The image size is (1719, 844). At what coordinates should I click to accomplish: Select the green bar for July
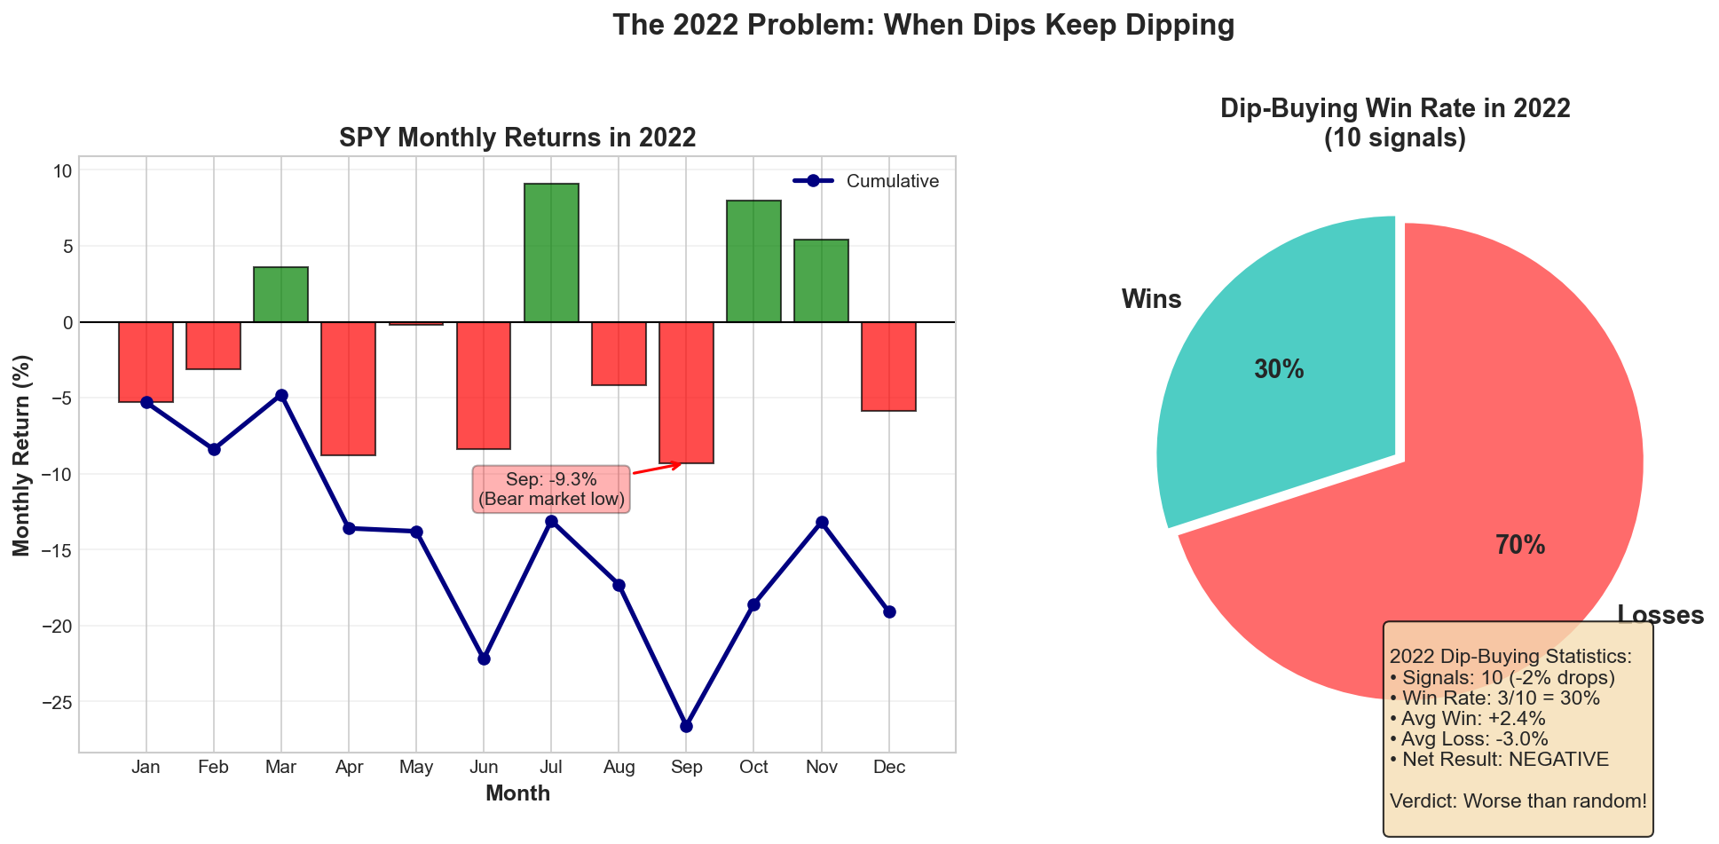click(551, 253)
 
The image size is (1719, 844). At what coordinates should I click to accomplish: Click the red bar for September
click(686, 392)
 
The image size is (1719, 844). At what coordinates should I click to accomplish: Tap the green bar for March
click(280, 295)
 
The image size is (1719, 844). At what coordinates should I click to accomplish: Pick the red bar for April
click(348, 389)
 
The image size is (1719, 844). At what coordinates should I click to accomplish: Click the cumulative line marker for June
click(484, 659)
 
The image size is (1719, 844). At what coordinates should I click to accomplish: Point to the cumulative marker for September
click(686, 726)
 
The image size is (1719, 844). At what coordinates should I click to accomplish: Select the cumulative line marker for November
click(822, 522)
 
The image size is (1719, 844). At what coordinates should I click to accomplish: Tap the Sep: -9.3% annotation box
click(551, 490)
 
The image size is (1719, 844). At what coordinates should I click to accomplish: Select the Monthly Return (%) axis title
click(22, 455)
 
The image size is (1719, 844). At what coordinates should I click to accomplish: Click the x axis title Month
click(517, 794)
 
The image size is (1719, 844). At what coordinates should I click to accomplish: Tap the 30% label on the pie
click(1279, 370)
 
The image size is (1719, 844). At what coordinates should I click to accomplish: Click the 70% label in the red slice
click(1520, 546)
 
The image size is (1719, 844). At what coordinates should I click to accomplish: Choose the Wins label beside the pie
click(1151, 300)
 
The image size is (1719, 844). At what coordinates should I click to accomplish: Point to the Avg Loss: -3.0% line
click(1469, 739)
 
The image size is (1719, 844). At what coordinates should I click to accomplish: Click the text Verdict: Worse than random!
click(1518, 801)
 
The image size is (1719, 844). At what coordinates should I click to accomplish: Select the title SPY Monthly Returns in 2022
click(517, 138)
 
